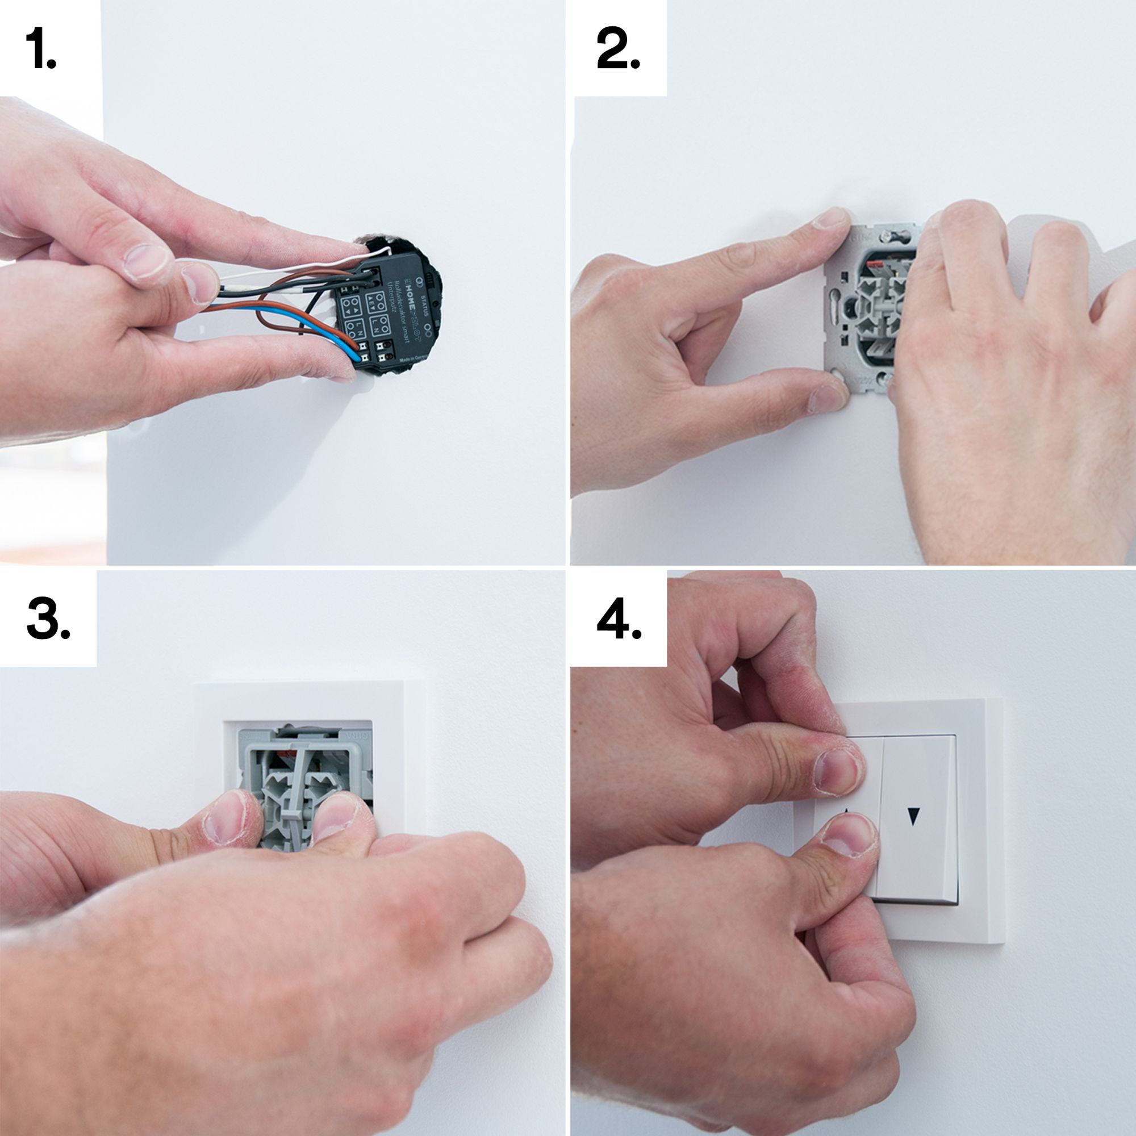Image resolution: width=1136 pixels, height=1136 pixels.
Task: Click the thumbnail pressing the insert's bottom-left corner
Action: (x=823, y=396)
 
